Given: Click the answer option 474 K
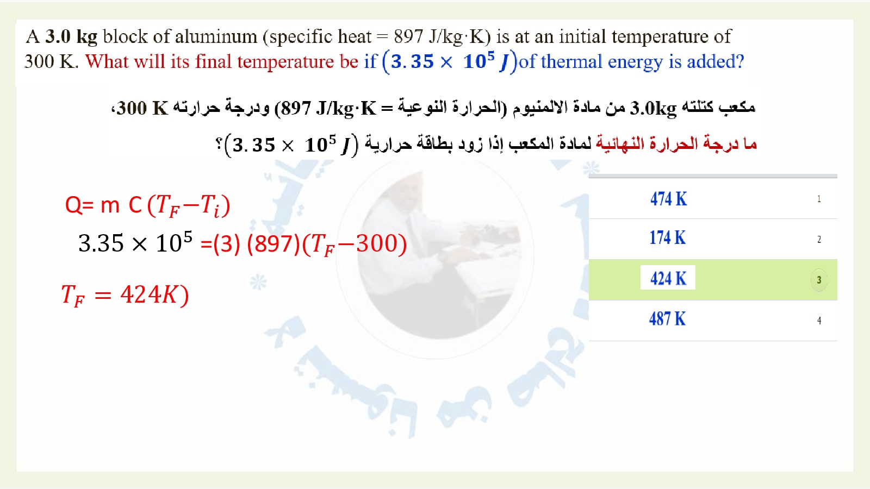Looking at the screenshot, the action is tap(668, 199).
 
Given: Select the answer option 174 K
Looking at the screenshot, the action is tap(668, 237).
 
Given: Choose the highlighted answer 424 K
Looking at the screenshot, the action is tap(668, 278).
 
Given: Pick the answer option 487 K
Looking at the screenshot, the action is tap(667, 318).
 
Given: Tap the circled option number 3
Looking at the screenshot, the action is tap(819, 280).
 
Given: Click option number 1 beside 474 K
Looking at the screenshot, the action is tap(819, 199).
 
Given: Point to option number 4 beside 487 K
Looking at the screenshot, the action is tap(819, 321).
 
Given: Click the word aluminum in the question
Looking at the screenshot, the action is tap(215, 37).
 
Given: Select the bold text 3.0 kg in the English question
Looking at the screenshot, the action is tap(71, 37).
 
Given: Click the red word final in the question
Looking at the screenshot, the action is tap(213, 62).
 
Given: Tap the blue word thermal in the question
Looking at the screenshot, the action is tap(571, 62).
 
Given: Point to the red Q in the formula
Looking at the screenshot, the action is tap(73, 205).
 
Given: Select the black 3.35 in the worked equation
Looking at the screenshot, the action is tap(101, 243).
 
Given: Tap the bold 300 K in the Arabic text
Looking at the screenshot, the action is tap(142, 108).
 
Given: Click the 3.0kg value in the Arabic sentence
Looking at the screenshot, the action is tap(653, 108).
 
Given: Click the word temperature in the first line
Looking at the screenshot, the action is tap(660, 37).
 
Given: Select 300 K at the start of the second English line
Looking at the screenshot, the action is tap(51, 62).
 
